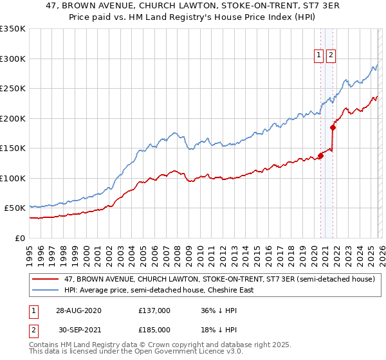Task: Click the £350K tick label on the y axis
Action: point(13,29)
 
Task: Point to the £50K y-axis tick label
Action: point(15,208)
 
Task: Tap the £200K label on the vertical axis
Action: point(13,118)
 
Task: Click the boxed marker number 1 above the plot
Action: point(319,56)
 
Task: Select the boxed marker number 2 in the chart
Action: point(331,56)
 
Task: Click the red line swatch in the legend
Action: point(45,279)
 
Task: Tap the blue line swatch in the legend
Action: point(45,290)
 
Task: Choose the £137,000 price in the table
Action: point(154,310)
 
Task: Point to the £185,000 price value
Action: point(154,329)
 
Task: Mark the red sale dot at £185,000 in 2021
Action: point(333,127)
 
